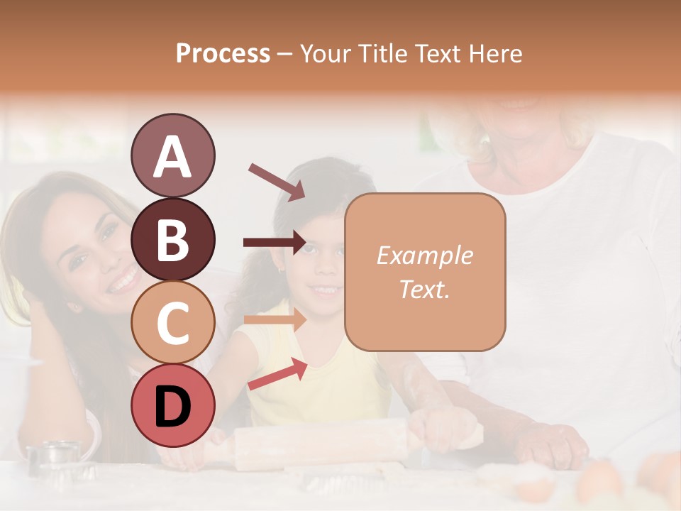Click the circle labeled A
pos(172,155)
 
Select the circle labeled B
pos(172,238)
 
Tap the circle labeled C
pos(172,322)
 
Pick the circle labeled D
pos(172,406)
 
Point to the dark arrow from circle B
pos(274,243)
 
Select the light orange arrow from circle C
pos(274,319)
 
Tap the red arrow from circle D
pos(277,375)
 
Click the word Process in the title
pos(223,54)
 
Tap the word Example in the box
pos(424,256)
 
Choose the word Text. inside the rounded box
pos(424,289)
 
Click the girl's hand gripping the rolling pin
pos(440,426)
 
